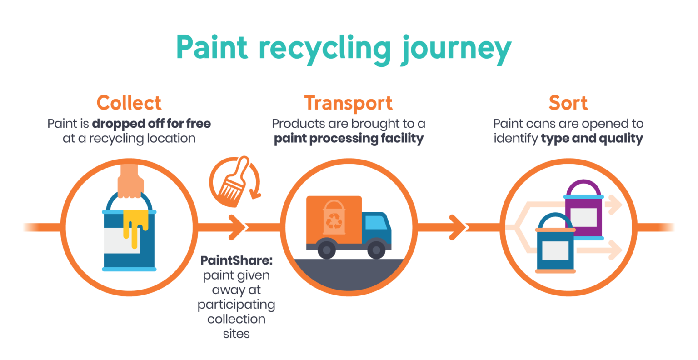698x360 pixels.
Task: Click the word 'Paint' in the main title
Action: click(x=212, y=47)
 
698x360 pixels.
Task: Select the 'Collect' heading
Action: click(x=129, y=103)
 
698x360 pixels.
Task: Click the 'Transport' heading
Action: click(x=349, y=103)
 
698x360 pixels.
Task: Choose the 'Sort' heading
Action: click(x=568, y=103)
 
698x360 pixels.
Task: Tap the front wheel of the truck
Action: click(x=376, y=250)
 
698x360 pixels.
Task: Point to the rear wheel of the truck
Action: click(x=327, y=250)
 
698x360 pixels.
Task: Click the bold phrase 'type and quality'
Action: click(x=592, y=139)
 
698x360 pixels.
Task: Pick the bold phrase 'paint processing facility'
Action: click(x=349, y=139)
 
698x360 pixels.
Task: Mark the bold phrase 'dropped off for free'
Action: click(x=151, y=124)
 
